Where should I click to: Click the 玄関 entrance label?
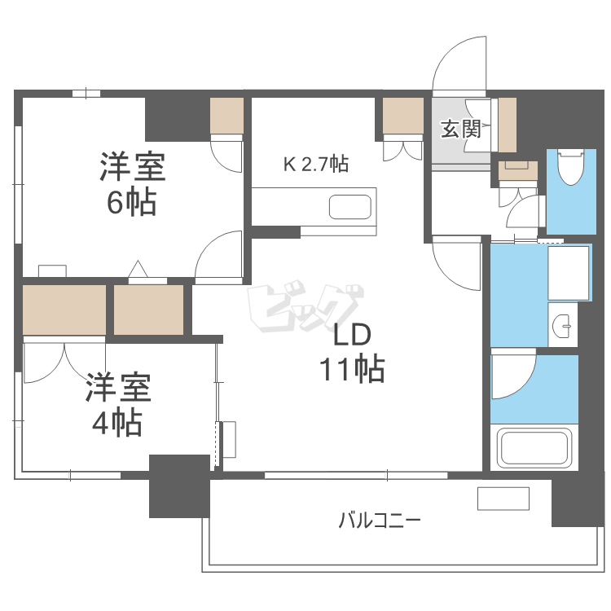point(460,129)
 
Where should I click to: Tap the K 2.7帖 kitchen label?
point(315,164)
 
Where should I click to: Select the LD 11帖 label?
point(351,352)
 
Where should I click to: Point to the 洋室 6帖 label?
point(132,183)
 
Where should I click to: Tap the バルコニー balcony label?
point(380,520)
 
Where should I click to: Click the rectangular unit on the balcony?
point(503,498)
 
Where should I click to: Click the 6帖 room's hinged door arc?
point(218,255)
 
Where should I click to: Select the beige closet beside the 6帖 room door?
point(226,116)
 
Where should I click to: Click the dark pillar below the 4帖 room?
point(178,486)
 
